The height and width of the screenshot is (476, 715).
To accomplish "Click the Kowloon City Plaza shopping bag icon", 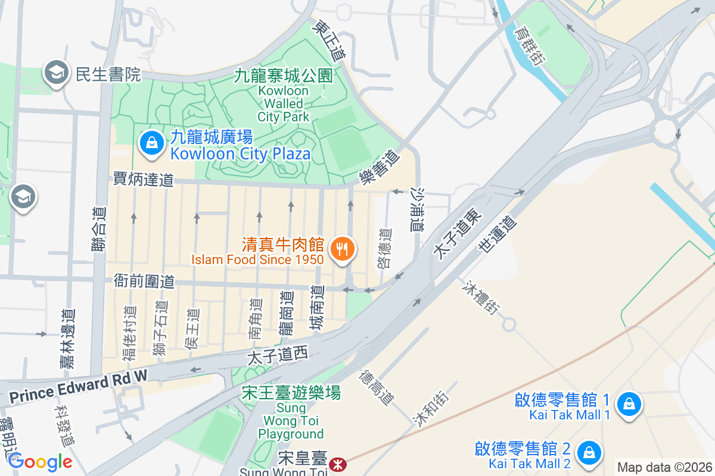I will (x=153, y=143).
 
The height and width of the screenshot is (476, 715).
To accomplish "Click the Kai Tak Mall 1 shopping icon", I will (x=628, y=405).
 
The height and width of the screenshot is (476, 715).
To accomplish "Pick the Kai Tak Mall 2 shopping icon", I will (x=589, y=452).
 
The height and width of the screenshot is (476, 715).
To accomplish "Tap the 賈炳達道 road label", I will (x=144, y=179).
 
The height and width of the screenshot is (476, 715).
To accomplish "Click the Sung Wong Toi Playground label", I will (x=292, y=413).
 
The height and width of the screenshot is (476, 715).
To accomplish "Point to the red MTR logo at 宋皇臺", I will (x=338, y=462).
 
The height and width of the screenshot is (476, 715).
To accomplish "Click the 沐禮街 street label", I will (x=479, y=299).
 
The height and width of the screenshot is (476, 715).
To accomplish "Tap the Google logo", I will (x=39, y=462).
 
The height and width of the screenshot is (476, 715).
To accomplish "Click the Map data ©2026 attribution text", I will (x=664, y=467).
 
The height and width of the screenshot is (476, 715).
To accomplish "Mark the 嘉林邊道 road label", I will (x=67, y=339).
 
